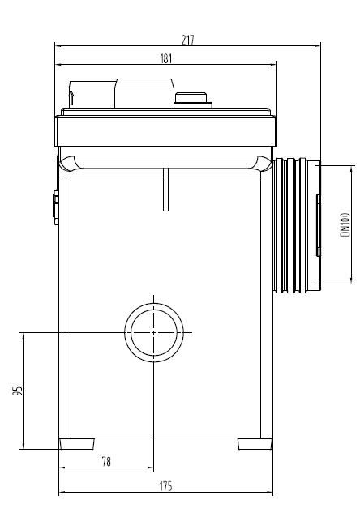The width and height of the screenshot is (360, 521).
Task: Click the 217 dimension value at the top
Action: [189, 40]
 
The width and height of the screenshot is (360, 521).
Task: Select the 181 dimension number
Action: [166, 58]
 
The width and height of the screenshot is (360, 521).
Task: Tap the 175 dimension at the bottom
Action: [165, 486]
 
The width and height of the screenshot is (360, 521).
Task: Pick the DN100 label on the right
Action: [344, 224]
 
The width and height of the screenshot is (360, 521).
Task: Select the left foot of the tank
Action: [78, 444]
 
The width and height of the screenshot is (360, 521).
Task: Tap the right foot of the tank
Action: [255, 444]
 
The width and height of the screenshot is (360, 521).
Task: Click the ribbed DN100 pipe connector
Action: [295, 224]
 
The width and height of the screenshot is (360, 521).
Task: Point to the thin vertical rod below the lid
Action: [165, 189]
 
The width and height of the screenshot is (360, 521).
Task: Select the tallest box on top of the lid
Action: [144, 92]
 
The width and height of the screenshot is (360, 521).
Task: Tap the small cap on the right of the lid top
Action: [193, 100]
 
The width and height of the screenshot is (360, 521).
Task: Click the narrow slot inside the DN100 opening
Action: [318, 224]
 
